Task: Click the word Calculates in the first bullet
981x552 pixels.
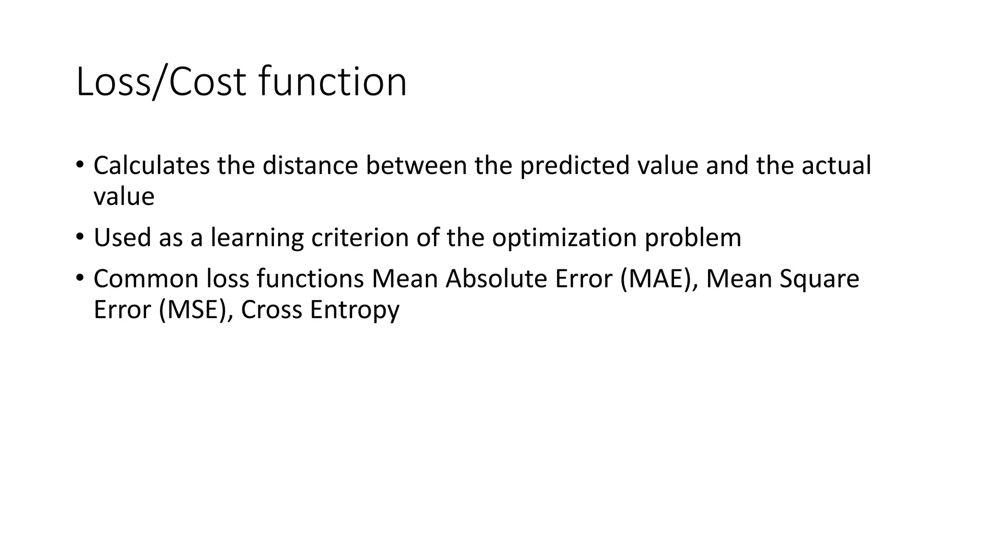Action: pos(151,166)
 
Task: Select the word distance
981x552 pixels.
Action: pos(310,166)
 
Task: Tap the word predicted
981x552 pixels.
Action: pos(575,166)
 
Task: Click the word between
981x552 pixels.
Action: pos(416,166)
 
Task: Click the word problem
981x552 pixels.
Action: pos(693,238)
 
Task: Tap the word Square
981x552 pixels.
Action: pos(819,280)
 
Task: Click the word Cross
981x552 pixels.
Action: pos(272,310)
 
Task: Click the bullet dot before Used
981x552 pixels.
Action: pos(80,237)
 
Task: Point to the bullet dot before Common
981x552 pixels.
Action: pos(80,278)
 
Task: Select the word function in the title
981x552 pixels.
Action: pos(333,82)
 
